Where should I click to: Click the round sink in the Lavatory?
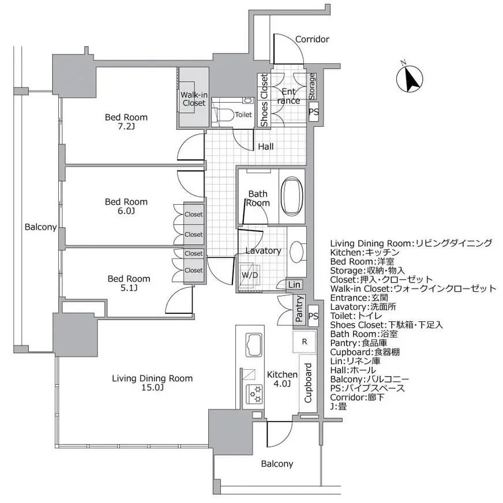[298, 251]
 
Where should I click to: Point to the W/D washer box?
[250, 275]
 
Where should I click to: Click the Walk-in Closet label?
[193, 99]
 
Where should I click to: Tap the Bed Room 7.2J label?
[126, 121]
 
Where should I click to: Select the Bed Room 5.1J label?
[129, 283]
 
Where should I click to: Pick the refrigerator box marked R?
[305, 341]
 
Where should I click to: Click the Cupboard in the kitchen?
[308, 383]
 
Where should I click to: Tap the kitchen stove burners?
[254, 395]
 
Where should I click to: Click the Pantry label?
[299, 309]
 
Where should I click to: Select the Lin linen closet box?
[294, 284]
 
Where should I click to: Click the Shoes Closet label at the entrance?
[264, 100]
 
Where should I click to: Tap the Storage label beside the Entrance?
[311, 85]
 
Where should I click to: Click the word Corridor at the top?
[311, 39]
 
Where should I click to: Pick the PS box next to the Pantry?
[313, 316]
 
